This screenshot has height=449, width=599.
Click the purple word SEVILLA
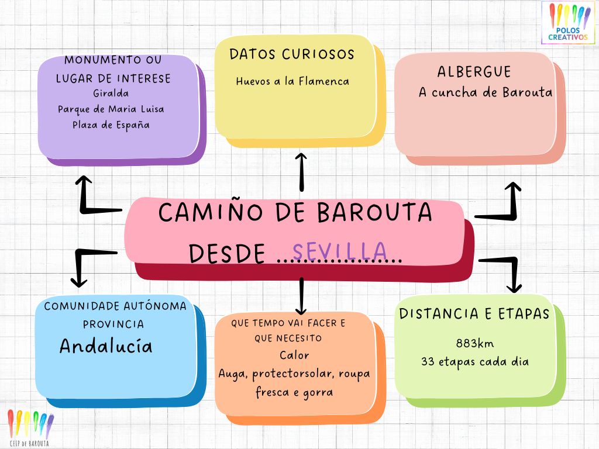(x=339, y=251)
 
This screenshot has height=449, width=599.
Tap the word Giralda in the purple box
(x=111, y=93)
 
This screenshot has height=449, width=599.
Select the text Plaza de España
(x=111, y=125)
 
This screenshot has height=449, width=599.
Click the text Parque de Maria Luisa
(x=111, y=109)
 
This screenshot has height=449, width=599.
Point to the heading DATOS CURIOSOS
(x=292, y=54)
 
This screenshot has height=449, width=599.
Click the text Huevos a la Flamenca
(x=292, y=81)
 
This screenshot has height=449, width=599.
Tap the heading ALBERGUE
(x=474, y=72)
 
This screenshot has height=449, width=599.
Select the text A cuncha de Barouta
(x=485, y=92)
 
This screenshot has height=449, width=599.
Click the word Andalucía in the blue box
(x=106, y=346)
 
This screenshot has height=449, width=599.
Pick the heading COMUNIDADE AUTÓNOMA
(x=115, y=306)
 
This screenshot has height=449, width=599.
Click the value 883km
(x=474, y=343)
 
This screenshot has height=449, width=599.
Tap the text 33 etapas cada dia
(x=474, y=361)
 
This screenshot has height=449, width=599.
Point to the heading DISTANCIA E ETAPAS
(x=474, y=314)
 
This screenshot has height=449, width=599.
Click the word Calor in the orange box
(x=294, y=355)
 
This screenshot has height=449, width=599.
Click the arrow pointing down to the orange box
(x=301, y=296)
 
